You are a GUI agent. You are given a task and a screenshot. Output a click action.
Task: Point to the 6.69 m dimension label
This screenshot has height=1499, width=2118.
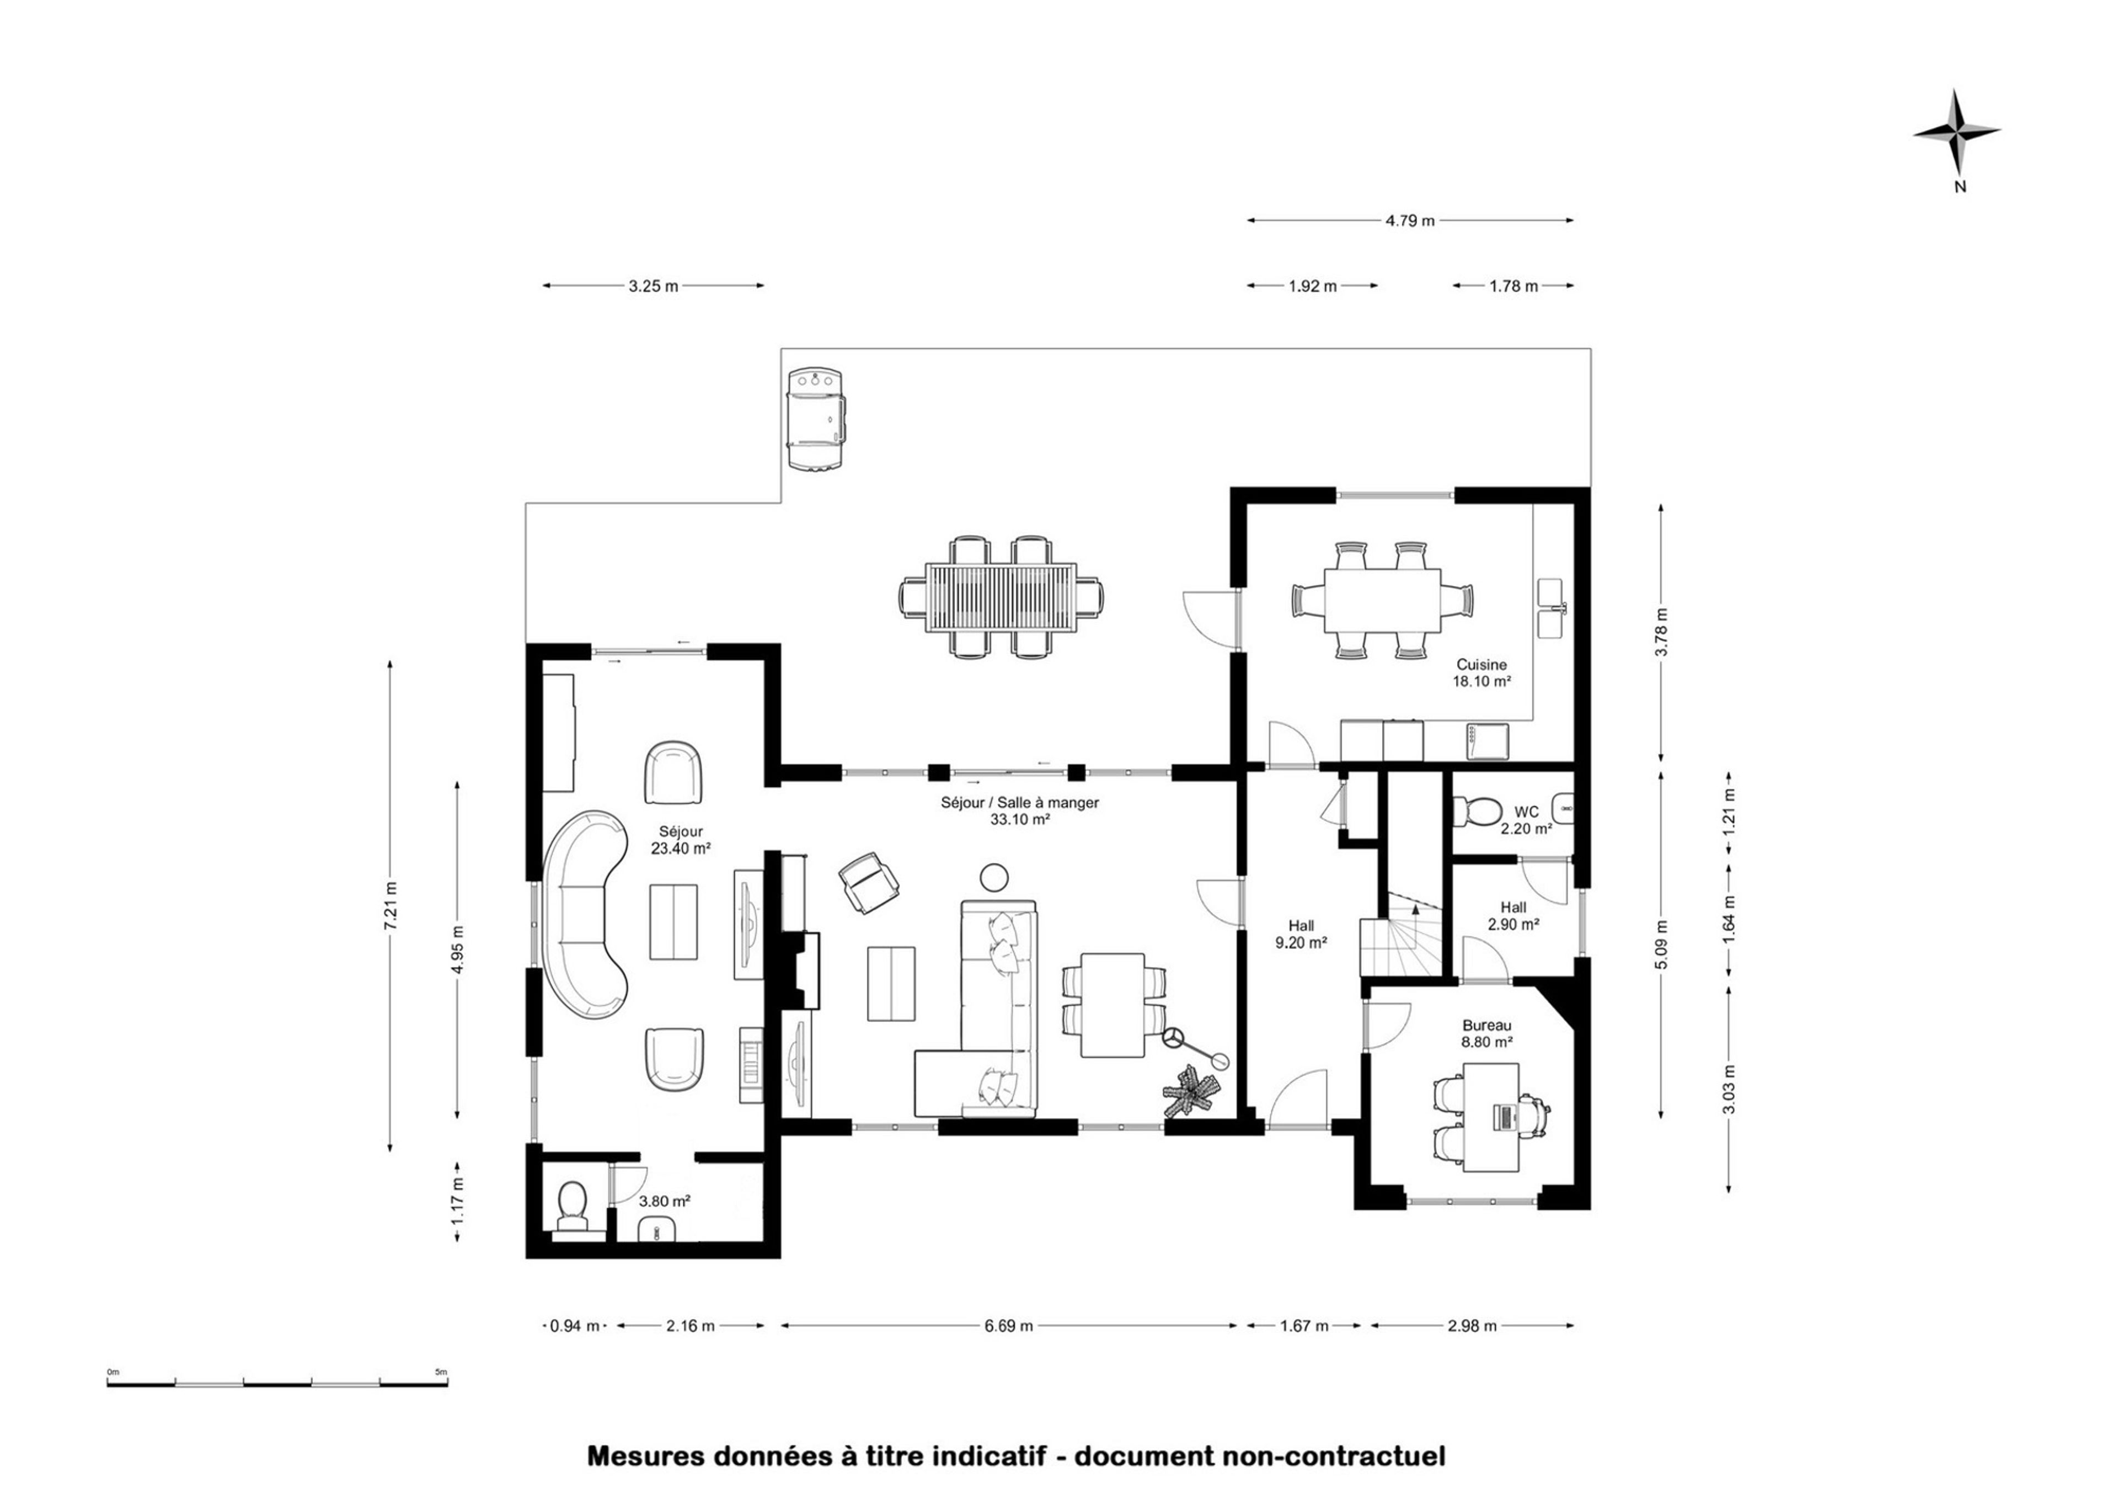coord(1008,1326)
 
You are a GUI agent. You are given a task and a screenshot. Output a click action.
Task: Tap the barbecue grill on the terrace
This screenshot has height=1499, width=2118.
coord(816,421)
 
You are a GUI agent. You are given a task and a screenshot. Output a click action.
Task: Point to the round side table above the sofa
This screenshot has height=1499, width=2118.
coord(994,877)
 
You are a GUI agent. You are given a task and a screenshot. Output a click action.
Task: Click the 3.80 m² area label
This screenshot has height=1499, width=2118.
coord(665,1201)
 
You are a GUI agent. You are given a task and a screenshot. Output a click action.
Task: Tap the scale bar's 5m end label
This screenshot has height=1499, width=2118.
coord(441,1372)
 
